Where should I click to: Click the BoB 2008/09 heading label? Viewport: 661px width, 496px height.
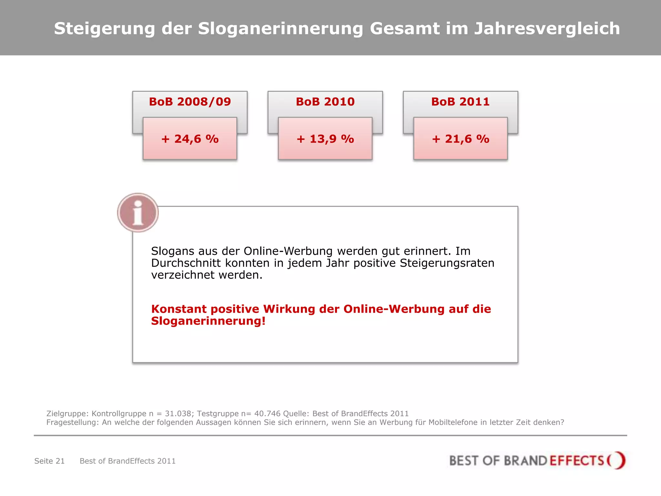(190, 102)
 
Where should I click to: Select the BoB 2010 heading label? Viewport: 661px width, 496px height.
(325, 102)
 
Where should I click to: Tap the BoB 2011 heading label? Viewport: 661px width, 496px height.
(460, 102)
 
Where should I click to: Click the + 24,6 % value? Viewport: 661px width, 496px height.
(190, 139)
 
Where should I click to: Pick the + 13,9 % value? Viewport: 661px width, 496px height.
(325, 139)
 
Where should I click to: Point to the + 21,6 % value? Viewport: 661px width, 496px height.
(460, 139)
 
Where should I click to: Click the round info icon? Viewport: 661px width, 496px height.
(138, 213)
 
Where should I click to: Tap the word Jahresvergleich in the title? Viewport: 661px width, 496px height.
(547, 28)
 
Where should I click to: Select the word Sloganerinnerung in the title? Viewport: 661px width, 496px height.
(280, 28)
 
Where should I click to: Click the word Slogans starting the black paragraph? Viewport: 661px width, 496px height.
(172, 251)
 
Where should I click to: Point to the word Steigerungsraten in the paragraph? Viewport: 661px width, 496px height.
(447, 263)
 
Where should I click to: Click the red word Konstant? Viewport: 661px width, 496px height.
(178, 309)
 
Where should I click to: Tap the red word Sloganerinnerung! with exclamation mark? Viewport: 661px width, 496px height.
(208, 321)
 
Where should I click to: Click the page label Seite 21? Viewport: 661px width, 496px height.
(49, 461)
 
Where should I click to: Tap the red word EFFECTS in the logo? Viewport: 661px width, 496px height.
(576, 460)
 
